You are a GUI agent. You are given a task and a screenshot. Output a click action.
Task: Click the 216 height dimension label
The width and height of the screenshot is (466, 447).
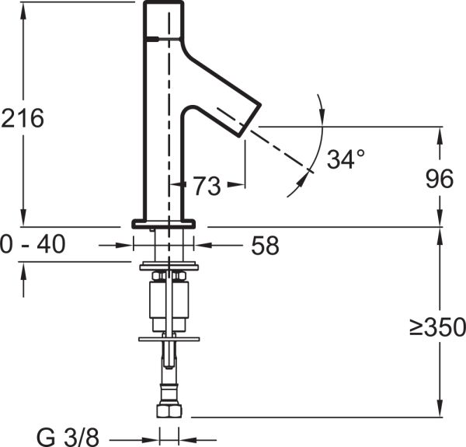23,118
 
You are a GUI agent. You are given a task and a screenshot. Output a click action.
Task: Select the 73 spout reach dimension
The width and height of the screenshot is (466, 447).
206,186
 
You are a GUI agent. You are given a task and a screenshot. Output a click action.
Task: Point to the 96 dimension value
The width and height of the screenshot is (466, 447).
439,179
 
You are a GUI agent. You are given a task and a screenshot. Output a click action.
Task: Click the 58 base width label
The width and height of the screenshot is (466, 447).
265,246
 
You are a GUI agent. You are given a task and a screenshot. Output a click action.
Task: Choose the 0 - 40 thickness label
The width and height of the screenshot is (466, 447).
33,246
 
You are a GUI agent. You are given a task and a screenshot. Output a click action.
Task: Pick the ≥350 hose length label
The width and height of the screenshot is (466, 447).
437,327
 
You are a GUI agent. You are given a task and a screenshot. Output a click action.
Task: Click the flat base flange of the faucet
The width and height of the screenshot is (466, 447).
164,223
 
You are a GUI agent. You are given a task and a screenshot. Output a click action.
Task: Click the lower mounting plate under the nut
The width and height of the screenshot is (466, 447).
169,338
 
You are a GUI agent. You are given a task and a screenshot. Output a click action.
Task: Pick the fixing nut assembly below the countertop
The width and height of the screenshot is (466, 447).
169,295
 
